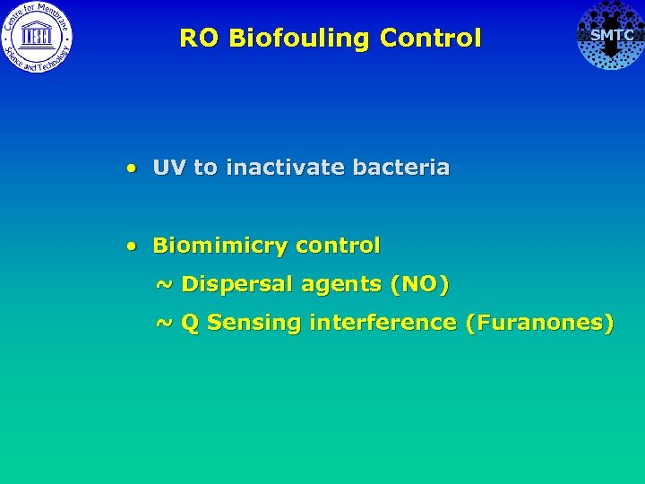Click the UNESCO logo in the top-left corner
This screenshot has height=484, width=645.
coord(37,36)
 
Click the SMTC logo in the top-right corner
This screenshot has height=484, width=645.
coord(610,36)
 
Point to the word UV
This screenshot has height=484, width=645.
coord(169,168)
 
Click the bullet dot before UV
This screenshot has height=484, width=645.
coord(132,168)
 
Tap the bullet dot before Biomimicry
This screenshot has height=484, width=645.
coord(132,246)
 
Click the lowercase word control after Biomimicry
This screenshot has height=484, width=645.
coord(338,246)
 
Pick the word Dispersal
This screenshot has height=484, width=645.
coord(237,285)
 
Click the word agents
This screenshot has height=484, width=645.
coord(340,285)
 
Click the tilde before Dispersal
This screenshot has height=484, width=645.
coord(165,285)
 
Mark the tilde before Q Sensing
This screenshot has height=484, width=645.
coord(165,323)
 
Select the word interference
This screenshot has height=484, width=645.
coord(383,323)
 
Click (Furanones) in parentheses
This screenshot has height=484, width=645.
coord(538,323)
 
